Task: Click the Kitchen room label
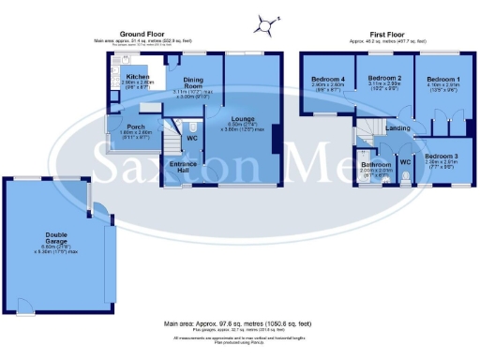tap(138, 77)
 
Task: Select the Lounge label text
tap(244, 118)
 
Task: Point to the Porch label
tap(123, 127)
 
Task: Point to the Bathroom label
tap(376, 164)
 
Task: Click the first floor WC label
tap(406, 161)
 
